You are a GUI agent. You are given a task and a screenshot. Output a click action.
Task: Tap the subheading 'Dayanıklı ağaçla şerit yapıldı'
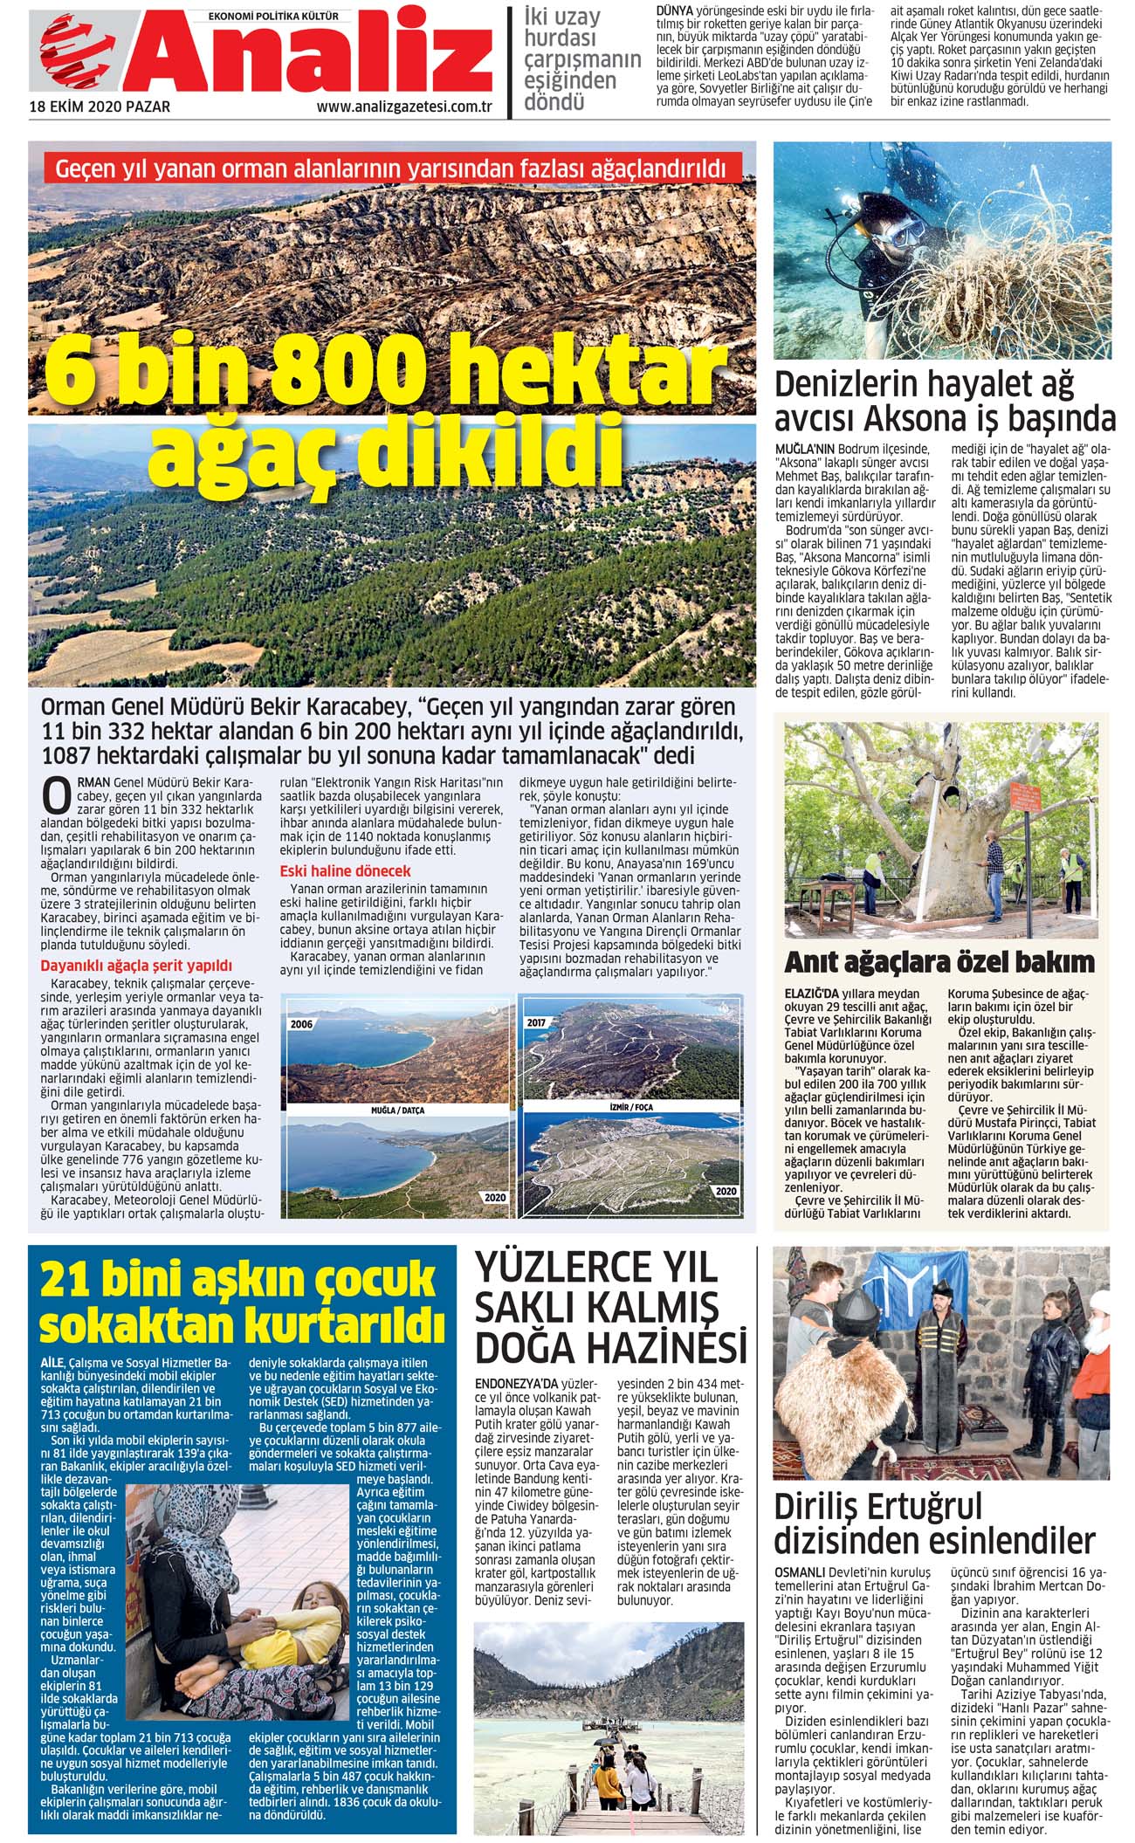136,966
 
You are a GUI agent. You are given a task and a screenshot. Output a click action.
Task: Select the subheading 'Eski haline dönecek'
345,870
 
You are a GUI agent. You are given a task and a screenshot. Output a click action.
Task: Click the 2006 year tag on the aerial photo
302,1023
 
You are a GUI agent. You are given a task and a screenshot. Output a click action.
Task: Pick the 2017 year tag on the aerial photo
536,1021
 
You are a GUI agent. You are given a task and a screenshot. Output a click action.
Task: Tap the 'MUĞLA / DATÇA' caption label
397,1111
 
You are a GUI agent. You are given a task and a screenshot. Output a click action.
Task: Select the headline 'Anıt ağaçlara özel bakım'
939,962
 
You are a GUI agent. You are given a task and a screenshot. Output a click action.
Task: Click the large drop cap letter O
57,796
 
